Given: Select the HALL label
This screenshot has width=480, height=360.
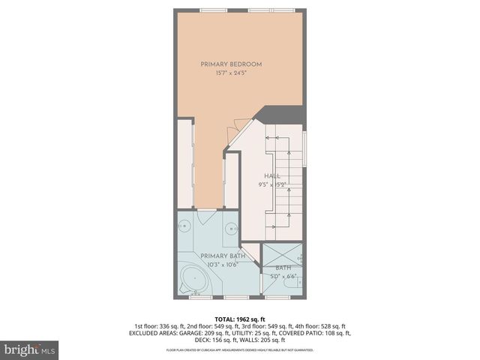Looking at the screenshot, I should pyautogui.click(x=271, y=175).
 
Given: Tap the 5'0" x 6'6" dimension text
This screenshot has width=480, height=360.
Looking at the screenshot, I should pyautogui.click(x=283, y=276).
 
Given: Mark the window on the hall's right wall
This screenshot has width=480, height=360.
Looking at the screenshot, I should pyautogui.click(x=306, y=147).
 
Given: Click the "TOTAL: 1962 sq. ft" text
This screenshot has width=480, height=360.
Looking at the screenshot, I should pyautogui.click(x=240, y=318).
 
